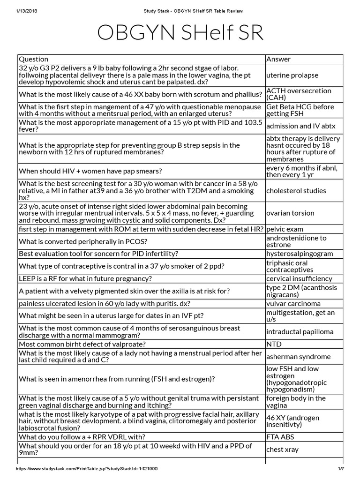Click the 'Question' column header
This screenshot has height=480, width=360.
pyautogui.click(x=33, y=59)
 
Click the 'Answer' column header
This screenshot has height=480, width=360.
pyautogui.click(x=278, y=59)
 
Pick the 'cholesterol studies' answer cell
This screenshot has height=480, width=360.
pyautogui.click(x=296, y=191)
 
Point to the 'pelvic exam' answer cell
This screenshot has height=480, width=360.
pyautogui.click(x=285, y=229)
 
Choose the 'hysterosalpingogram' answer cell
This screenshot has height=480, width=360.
pyautogui.click(x=300, y=254)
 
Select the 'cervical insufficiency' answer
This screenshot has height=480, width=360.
pyautogui.click(x=299, y=278)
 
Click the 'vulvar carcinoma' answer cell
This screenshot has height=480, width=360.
pyautogui.click(x=293, y=303)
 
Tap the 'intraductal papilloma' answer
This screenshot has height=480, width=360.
pyautogui.click(x=300, y=331)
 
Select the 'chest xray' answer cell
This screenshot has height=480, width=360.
pyautogui.click(x=282, y=450)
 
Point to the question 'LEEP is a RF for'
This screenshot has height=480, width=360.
pyautogui.click(x=85, y=278)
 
